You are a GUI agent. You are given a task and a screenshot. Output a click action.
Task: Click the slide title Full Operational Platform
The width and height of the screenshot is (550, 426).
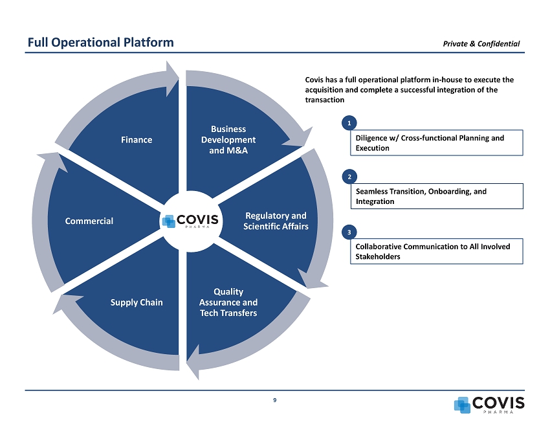[x=100, y=43]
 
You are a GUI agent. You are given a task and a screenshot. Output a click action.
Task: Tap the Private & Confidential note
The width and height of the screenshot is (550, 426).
[x=481, y=43]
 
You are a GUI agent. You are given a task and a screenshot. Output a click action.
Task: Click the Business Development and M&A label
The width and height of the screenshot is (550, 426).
[x=228, y=140]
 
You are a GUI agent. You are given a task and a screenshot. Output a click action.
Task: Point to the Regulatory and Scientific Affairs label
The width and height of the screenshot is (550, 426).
[x=276, y=221]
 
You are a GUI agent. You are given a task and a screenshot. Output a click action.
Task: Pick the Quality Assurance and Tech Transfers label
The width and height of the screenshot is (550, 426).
[x=228, y=302]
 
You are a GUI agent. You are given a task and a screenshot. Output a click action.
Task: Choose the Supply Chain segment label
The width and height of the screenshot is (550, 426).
[x=137, y=302]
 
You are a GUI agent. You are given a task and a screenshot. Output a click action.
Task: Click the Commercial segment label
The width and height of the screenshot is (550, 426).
[x=89, y=221]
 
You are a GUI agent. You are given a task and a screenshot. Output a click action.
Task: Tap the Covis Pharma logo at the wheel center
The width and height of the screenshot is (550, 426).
[x=190, y=220]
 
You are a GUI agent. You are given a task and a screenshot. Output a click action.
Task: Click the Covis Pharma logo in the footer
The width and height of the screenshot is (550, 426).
[x=489, y=403]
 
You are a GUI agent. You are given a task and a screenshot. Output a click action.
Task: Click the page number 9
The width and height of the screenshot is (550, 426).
[x=275, y=399]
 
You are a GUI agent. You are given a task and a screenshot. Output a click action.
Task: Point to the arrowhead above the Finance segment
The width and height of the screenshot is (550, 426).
[x=173, y=76]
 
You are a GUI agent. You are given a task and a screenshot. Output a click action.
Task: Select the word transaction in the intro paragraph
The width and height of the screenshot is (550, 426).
[x=324, y=101]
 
